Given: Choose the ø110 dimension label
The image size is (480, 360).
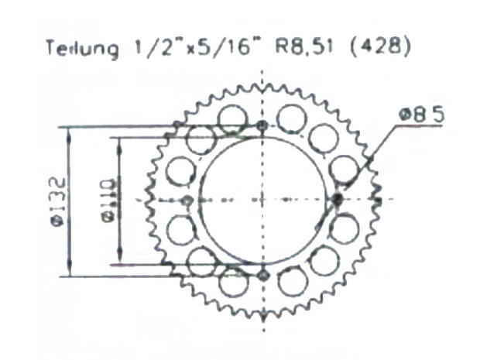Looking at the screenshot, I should (109, 200).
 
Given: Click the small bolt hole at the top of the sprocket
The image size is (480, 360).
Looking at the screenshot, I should (262, 125).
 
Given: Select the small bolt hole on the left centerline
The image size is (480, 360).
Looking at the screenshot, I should (187, 201).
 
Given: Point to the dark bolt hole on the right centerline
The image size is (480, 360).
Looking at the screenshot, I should (337, 200).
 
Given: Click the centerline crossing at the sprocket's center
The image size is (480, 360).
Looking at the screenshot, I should (262, 200).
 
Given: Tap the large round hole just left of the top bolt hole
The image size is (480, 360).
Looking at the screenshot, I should (231, 118).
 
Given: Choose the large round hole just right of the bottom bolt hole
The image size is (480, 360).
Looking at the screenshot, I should (293, 281).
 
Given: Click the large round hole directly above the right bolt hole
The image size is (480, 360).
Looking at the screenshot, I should (344, 170).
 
